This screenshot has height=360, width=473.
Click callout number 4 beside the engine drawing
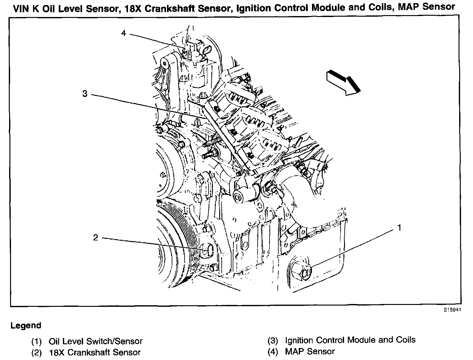[x=124, y=33]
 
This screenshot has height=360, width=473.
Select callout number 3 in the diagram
[x=85, y=93]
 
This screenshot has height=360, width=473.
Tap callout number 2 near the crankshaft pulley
[x=96, y=237]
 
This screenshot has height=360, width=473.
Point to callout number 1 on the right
[x=399, y=228]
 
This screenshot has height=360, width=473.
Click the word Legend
[x=26, y=325]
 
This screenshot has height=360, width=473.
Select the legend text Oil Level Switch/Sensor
[x=96, y=341]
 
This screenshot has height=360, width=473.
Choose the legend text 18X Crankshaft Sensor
[x=95, y=352]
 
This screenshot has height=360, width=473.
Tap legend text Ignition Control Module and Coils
[x=350, y=340]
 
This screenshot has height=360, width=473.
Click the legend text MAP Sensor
[x=310, y=351]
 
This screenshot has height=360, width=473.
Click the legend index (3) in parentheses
[x=273, y=340]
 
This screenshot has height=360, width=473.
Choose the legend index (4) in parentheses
[x=273, y=352]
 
